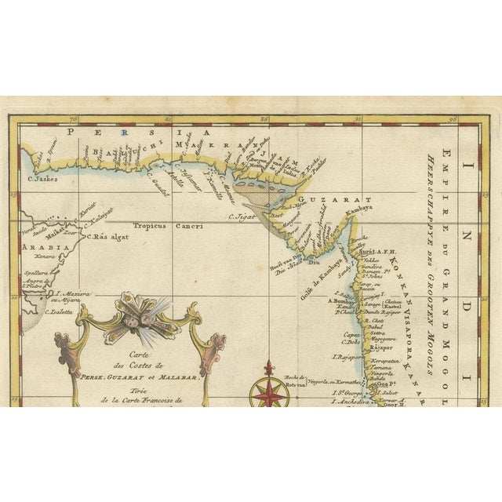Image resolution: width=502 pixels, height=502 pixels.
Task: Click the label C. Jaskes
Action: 44,179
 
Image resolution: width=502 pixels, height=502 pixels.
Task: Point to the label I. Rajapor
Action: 347,357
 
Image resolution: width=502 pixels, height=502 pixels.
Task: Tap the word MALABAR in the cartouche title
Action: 176,378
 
